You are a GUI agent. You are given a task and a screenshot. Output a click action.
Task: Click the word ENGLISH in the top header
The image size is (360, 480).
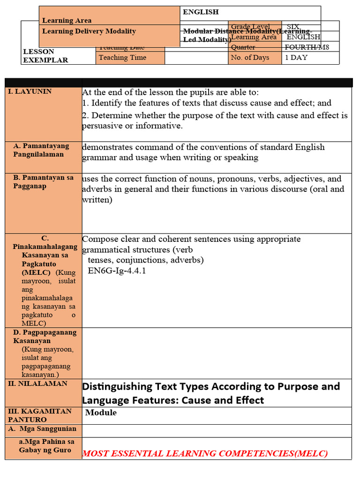point(201,12)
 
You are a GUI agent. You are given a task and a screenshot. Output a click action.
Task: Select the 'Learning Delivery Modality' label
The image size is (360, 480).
point(89,31)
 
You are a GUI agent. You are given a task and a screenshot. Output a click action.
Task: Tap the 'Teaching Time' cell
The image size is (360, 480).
point(122,58)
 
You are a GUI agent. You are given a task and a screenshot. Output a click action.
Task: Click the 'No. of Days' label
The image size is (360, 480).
point(250,58)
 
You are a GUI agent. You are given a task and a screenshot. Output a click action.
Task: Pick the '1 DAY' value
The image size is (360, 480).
point(295,58)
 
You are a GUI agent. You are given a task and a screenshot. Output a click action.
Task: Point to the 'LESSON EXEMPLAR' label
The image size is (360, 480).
point(45,56)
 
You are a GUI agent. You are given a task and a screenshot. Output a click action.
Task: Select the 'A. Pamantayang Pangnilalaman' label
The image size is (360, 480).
point(41,150)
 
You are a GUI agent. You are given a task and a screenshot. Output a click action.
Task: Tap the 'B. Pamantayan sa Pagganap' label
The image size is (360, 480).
point(43,182)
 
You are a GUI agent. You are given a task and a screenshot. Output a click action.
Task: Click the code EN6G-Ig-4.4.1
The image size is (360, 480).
point(117,270)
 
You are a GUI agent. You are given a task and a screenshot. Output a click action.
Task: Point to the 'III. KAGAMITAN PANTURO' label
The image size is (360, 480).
point(40,415)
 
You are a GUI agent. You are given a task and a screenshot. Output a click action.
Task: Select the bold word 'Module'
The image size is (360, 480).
point(101,412)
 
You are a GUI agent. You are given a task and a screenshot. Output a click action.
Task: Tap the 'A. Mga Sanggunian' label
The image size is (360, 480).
point(42,429)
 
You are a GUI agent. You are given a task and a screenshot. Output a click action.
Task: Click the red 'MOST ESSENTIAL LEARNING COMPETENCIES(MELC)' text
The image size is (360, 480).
point(205,453)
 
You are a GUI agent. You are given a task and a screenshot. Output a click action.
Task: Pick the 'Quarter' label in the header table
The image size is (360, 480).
point(243,47)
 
